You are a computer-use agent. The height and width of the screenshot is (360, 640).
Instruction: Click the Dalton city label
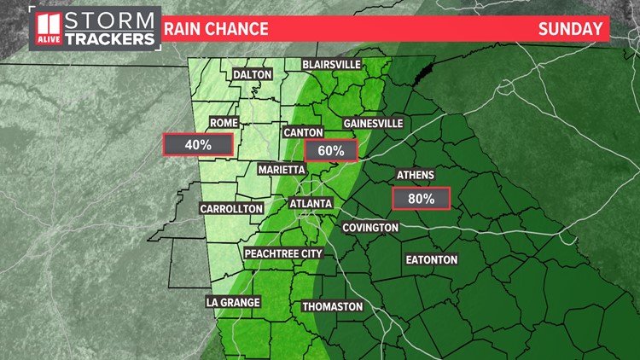252,74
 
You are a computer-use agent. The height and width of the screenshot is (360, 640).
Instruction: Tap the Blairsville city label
332,65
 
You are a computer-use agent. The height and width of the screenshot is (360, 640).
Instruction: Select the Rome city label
224,123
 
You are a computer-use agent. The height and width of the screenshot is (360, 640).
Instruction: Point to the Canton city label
304,132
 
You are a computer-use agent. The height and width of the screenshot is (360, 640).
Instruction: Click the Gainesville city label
373,123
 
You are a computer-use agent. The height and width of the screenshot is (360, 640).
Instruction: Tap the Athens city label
416,175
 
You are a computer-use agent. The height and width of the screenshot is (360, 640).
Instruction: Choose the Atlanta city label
310,204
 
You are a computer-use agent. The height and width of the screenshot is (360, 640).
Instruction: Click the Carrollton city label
231,208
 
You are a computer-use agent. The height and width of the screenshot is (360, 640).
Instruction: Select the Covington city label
370,228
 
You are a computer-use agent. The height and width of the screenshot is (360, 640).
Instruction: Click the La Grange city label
233,302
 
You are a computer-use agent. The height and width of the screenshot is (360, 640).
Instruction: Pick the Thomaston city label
333,306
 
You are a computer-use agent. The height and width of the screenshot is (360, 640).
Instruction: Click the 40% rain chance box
198,145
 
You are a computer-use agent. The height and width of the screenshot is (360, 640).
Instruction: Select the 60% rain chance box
330,151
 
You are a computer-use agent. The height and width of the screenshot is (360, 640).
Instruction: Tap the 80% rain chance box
421,200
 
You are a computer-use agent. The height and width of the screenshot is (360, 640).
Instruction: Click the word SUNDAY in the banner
570,29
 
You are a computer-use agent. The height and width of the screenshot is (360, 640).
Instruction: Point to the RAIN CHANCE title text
216,29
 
